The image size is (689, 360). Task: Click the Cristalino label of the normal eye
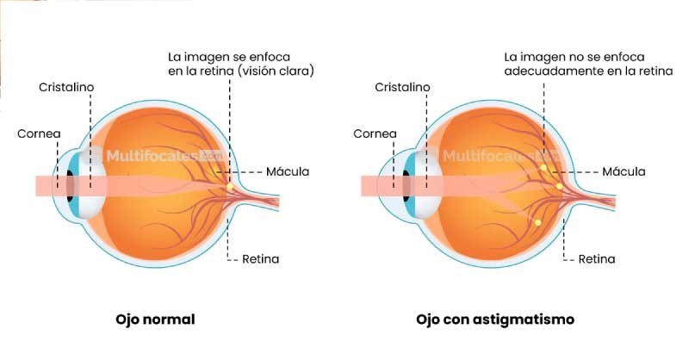(x=66, y=87)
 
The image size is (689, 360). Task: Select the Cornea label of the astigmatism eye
(x=375, y=133)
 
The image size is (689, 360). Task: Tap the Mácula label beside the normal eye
(x=288, y=171)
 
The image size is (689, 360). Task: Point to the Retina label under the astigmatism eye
(x=596, y=259)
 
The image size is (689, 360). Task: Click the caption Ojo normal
(x=155, y=320)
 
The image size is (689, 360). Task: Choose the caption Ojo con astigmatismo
(x=495, y=320)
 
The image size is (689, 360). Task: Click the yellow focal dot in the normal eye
(x=230, y=186)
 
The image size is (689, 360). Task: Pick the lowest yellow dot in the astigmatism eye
(x=537, y=222)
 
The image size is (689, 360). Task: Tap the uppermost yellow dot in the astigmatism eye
(x=543, y=167)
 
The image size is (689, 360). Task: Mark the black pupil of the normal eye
(x=70, y=185)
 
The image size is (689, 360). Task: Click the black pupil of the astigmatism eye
(x=406, y=185)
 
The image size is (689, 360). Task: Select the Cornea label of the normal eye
(x=39, y=133)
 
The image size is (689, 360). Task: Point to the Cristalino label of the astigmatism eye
(x=402, y=87)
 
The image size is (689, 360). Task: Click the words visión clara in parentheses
(x=276, y=71)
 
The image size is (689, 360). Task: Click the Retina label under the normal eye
(x=261, y=259)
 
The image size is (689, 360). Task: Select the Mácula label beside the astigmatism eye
(x=624, y=171)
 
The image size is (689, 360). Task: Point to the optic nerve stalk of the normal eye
(x=258, y=199)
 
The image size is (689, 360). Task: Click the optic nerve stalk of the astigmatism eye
(x=594, y=199)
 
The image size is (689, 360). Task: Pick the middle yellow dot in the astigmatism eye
(x=559, y=186)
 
